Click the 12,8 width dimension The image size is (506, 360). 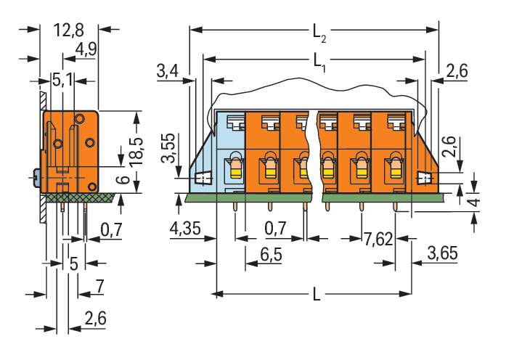(69, 30)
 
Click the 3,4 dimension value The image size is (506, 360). (167, 71)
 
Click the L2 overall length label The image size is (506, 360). (319, 32)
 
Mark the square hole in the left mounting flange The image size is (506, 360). (204, 177)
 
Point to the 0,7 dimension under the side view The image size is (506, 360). (110, 230)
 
